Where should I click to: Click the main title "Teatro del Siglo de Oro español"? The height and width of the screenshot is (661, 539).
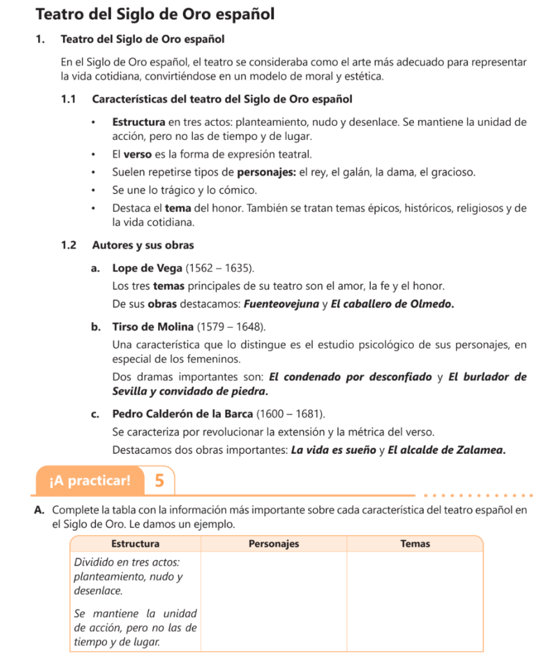(x=155, y=14)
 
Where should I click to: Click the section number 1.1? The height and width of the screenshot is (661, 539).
(x=69, y=99)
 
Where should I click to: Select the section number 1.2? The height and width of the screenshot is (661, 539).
(x=69, y=245)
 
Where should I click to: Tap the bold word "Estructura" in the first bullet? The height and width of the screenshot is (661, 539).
(x=139, y=122)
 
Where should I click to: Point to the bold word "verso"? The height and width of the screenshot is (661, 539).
(x=138, y=155)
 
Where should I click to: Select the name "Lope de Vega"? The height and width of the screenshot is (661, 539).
(x=147, y=268)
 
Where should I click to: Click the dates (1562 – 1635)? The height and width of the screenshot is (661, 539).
(x=219, y=268)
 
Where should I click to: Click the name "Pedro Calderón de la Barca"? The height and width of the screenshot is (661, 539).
(x=182, y=413)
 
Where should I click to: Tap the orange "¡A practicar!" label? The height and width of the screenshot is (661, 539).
(x=90, y=480)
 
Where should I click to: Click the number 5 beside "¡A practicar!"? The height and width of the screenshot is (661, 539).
(x=160, y=480)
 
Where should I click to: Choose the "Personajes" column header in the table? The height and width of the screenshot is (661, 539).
(x=274, y=544)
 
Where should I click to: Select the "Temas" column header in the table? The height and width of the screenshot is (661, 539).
(x=415, y=544)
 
